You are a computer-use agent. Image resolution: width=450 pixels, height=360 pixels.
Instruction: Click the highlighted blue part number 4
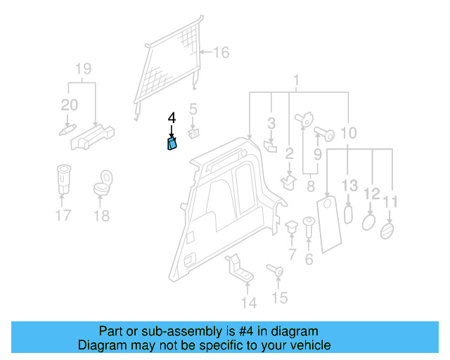coord(172,144)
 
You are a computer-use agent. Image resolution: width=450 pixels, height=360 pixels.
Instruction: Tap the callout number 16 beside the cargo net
coord(221,53)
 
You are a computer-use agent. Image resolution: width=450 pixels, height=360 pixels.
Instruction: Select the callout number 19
coord(84,69)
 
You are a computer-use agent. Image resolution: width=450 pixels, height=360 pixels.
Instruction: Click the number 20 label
coord(69,105)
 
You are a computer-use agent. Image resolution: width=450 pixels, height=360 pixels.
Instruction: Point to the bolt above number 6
coord(308,228)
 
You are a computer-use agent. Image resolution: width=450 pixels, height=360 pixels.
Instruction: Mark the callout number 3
coord(271,124)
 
